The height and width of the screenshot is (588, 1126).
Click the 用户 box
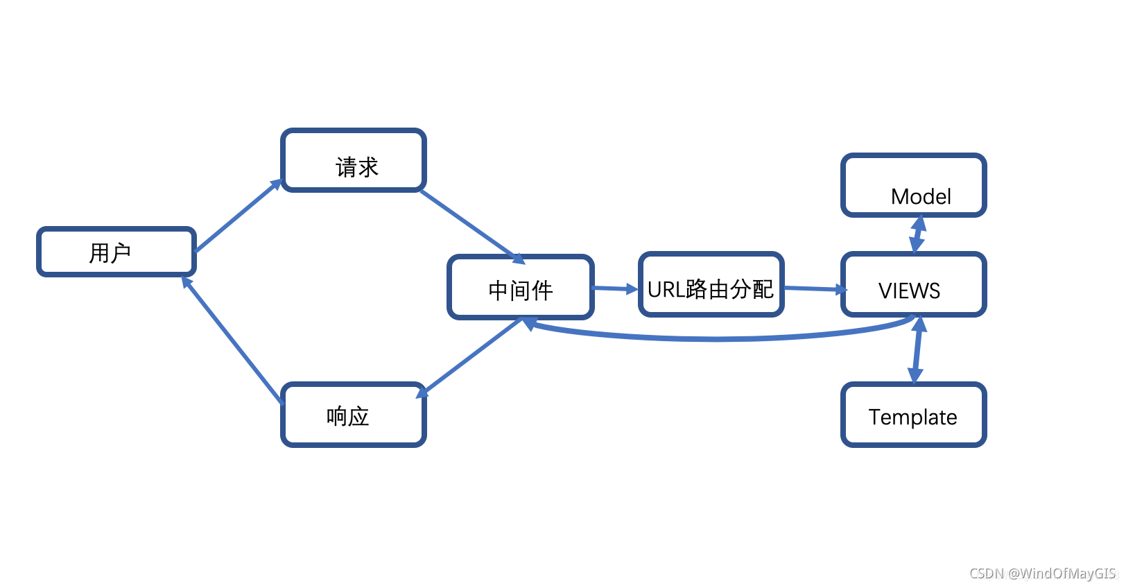click(x=116, y=252)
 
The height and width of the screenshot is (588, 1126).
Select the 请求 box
click(x=354, y=160)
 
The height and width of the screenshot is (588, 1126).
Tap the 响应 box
click(x=354, y=415)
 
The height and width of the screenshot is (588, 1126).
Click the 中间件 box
click(x=521, y=287)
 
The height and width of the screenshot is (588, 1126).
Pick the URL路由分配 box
click(x=711, y=285)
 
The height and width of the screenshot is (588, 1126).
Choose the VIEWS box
click(x=914, y=285)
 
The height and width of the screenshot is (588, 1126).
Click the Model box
click(x=914, y=186)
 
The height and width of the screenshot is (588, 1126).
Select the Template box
click(x=914, y=415)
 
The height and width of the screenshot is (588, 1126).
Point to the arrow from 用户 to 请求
click(x=238, y=216)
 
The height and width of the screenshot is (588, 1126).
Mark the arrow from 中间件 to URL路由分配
click(x=614, y=288)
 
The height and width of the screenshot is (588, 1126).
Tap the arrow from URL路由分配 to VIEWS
click(x=813, y=288)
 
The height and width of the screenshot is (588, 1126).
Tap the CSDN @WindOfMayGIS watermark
click(x=1043, y=573)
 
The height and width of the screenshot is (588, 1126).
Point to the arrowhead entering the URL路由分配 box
click(x=632, y=289)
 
